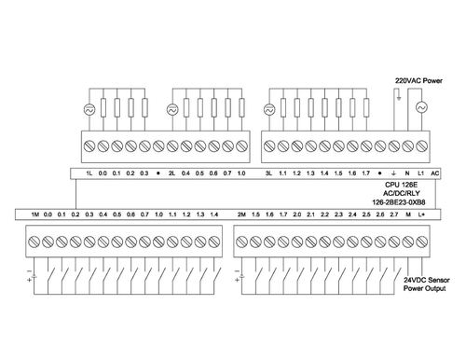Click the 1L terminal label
click(89, 173)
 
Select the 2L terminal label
click(172, 173)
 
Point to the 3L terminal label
click(268, 173)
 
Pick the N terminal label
click(408, 173)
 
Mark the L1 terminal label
click(421, 173)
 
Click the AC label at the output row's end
click(436, 173)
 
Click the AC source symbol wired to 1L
click(89, 109)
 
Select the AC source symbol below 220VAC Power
click(421, 109)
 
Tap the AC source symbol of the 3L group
click(268, 109)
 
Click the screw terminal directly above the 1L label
click(89, 146)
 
